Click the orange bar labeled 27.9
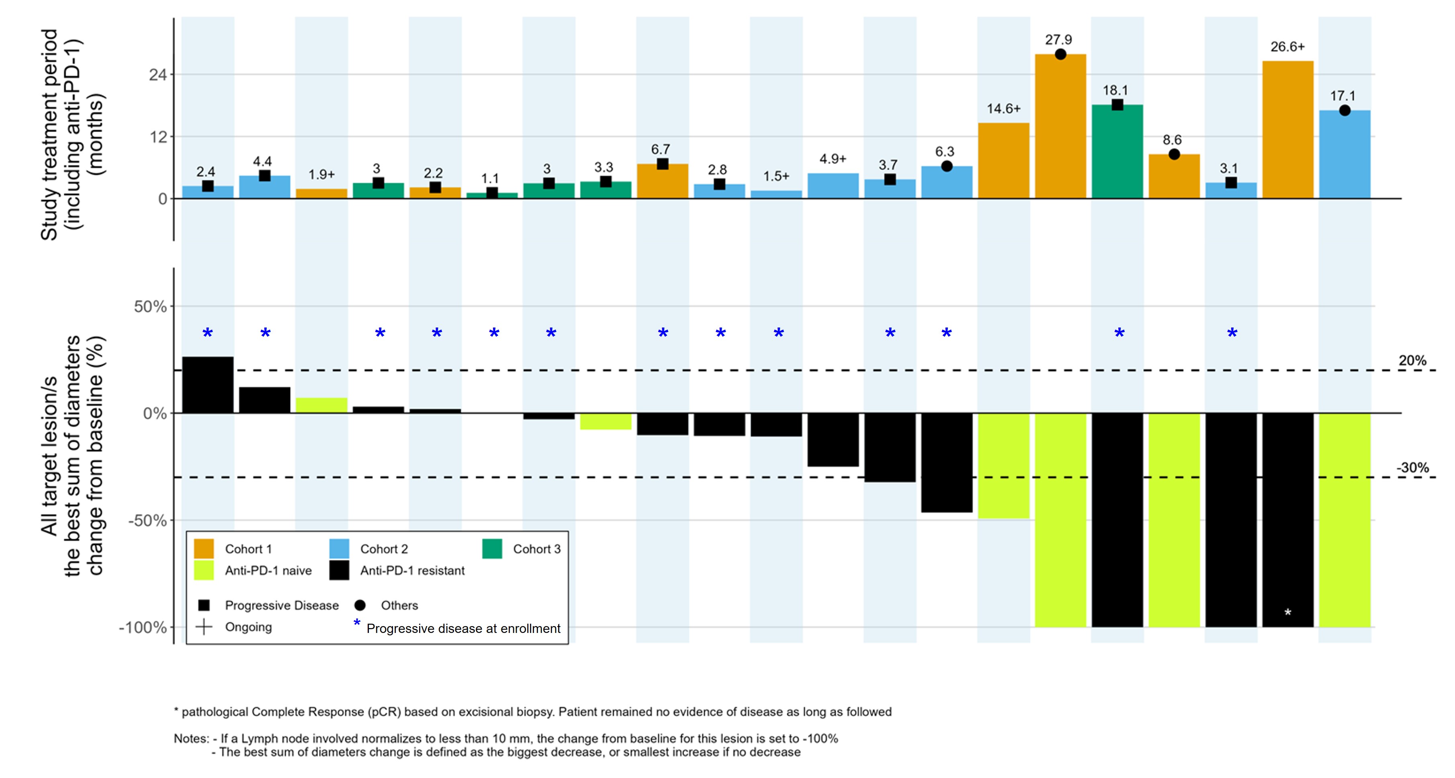1060,127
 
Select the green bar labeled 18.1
1117,153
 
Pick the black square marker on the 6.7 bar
663,164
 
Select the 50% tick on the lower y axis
150,307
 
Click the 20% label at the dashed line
1412,360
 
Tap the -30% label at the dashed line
1412,468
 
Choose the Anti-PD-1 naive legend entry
268,571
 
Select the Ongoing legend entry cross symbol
204,627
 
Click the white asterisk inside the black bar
1287,612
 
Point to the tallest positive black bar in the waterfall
207,385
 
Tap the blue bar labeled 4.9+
833,186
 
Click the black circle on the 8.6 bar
1174,154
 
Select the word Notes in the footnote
191,739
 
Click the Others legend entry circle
360,606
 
